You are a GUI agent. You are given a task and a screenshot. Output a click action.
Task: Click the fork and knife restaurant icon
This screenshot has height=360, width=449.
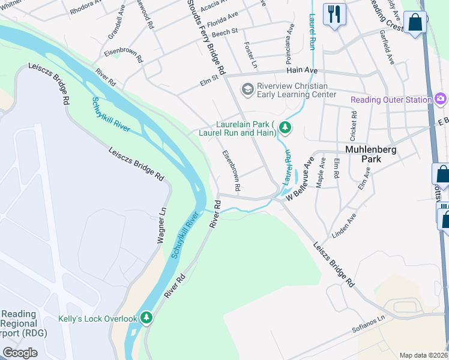[x=334, y=13]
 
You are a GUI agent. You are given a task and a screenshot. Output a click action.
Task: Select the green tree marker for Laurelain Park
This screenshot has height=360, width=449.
[x=286, y=128]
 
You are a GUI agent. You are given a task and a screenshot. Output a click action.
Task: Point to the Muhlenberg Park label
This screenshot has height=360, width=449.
[x=370, y=155]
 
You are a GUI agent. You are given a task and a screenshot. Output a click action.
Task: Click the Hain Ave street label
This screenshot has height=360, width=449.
[x=302, y=71]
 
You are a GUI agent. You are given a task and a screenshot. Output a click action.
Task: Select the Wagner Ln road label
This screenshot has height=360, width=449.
[x=160, y=225]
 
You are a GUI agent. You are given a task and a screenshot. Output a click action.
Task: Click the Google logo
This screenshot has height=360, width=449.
[x=20, y=353]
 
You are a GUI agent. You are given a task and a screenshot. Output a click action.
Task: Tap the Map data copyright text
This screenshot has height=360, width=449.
[x=423, y=355]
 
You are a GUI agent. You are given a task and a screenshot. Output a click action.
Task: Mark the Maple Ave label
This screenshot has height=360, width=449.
[x=322, y=172]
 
